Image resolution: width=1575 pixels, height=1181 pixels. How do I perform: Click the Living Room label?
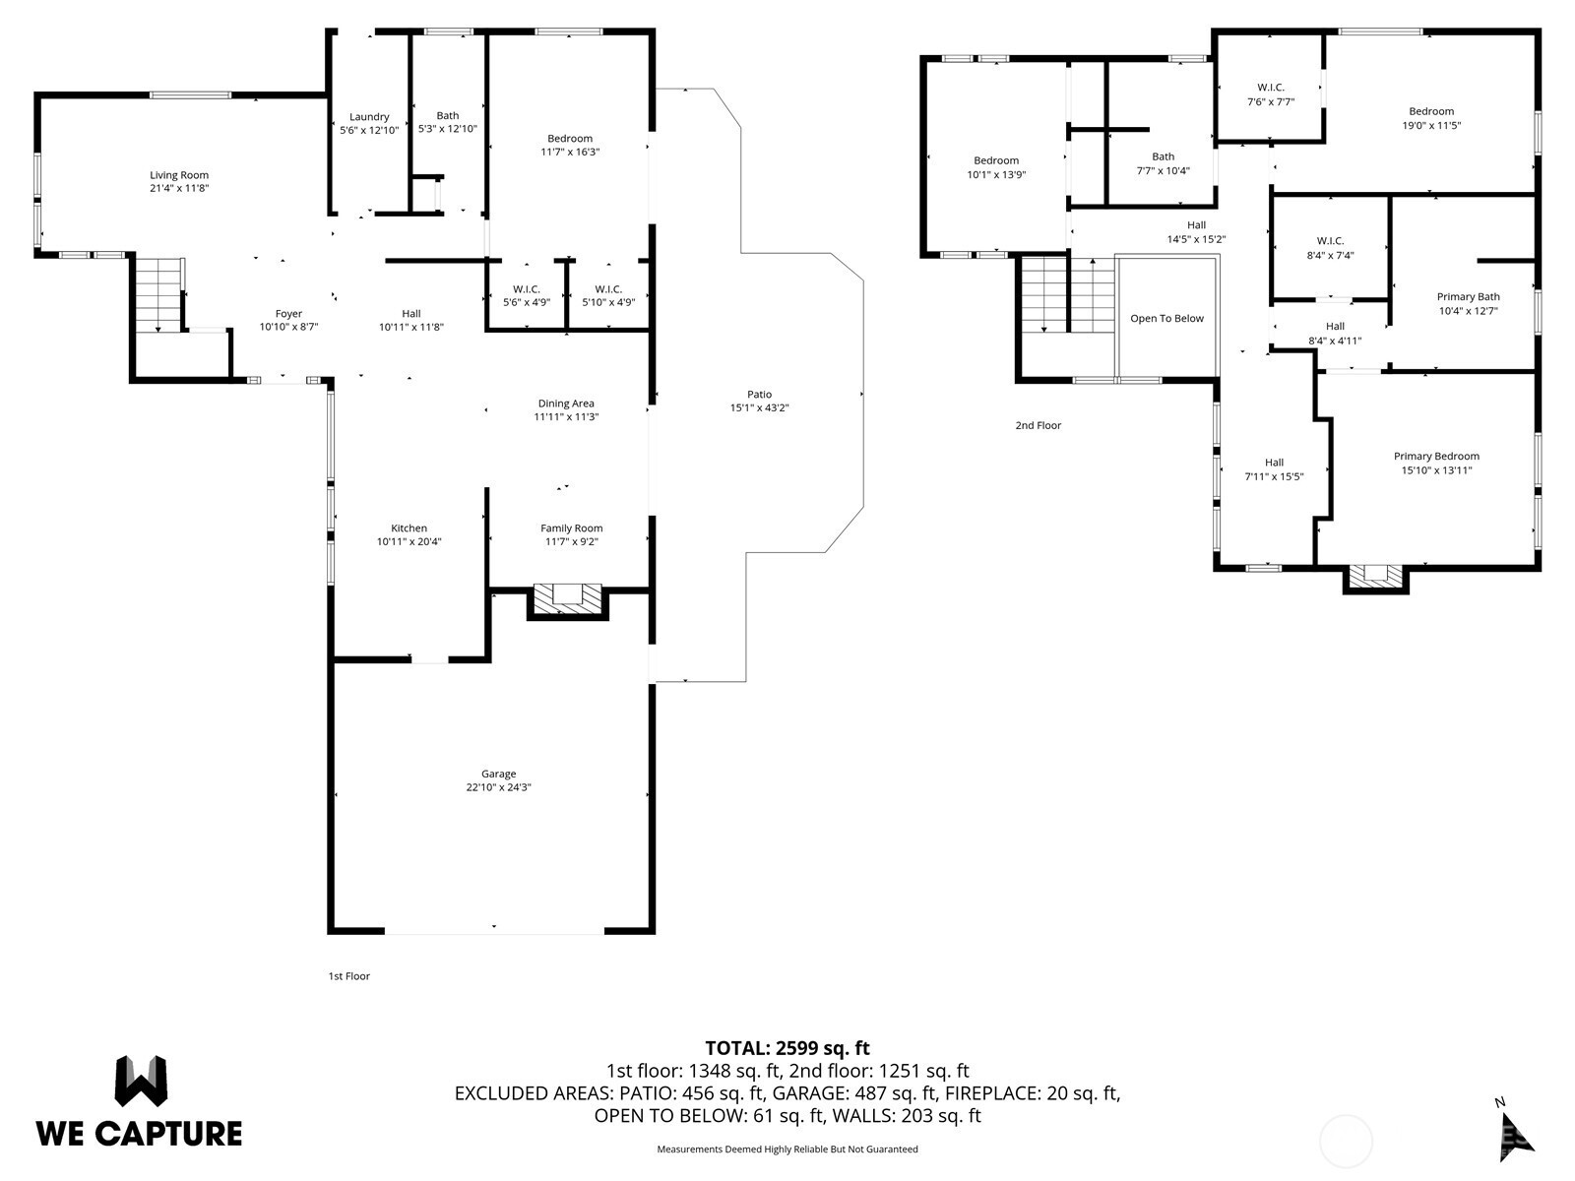tap(179, 175)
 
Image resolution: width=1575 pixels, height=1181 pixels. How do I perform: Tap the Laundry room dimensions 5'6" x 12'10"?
tap(369, 131)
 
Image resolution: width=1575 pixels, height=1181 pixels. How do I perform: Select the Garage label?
tap(499, 774)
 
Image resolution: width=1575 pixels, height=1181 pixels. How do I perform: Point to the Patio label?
tap(759, 395)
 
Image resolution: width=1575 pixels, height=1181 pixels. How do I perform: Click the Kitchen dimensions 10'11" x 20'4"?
tap(409, 542)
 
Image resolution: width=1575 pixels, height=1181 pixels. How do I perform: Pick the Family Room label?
tap(571, 528)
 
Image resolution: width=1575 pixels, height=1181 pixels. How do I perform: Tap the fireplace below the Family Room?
tap(568, 601)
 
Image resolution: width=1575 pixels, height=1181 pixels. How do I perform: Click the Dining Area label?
tap(566, 404)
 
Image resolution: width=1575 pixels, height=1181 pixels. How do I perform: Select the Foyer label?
tap(288, 314)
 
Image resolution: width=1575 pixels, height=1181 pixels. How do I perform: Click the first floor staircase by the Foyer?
tap(158, 294)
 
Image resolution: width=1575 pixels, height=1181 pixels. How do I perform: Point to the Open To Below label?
tap(1166, 318)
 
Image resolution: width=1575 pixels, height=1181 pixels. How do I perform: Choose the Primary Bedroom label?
tap(1436, 456)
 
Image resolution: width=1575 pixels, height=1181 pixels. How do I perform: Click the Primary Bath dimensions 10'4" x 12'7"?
tap(1468, 311)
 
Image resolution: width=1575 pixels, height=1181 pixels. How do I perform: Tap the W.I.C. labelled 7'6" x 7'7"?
tap(1270, 94)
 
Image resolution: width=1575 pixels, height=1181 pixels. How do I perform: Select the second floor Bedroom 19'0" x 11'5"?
tap(1431, 118)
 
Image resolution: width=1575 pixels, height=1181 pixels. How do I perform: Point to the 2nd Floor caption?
tap(1038, 425)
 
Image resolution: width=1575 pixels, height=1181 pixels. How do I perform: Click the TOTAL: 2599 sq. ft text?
tap(787, 1048)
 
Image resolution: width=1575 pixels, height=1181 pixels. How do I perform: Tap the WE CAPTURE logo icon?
tap(142, 1082)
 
